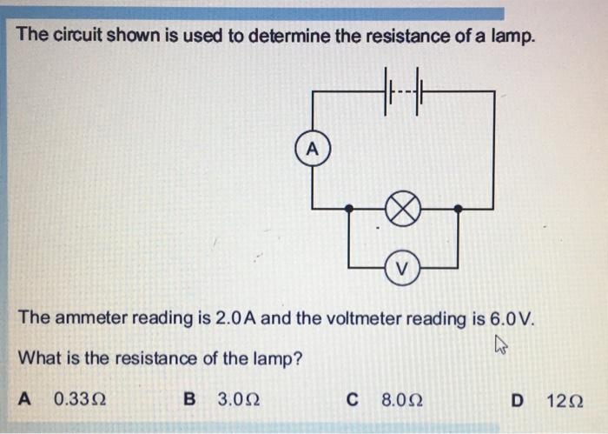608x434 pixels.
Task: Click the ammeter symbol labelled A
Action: pyautogui.click(x=314, y=148)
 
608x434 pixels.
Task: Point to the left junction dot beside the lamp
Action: pyautogui.click(x=349, y=209)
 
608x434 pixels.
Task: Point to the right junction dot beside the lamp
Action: pyautogui.click(x=459, y=209)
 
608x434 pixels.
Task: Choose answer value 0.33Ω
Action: pyautogui.click(x=80, y=400)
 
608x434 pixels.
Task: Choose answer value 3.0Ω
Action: pyautogui.click(x=238, y=400)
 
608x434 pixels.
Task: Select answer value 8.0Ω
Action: pyautogui.click(x=400, y=400)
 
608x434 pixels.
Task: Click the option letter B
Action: pyautogui.click(x=190, y=400)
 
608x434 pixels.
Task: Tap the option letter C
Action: pyautogui.click(x=352, y=400)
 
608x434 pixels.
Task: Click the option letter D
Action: pyautogui.click(x=519, y=400)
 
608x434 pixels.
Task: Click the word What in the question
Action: pyautogui.click(x=37, y=357)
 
